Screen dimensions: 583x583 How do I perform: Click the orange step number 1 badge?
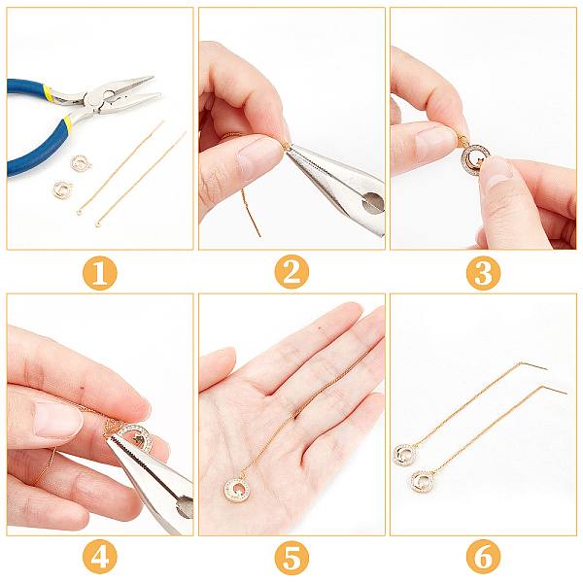[x=100, y=273]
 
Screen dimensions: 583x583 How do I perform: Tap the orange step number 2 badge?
[x=291, y=272]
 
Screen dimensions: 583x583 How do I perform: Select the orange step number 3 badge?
[x=483, y=273]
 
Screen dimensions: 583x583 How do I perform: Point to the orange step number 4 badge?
[x=100, y=557]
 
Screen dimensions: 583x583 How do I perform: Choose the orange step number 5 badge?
[x=291, y=558]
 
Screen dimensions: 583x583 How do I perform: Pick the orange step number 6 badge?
[x=483, y=557]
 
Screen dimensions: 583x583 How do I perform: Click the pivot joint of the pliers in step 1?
[x=93, y=100]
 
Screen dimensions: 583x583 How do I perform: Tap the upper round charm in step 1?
[x=81, y=163]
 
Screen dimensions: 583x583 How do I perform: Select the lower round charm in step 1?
[x=62, y=189]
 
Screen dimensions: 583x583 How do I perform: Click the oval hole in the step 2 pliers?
[x=373, y=203]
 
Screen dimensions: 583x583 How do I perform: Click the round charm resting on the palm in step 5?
[x=237, y=490]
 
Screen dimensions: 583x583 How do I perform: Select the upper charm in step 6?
[x=404, y=455]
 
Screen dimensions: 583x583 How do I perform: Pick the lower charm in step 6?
[x=423, y=481]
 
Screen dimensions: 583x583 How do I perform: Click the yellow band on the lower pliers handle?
[x=68, y=123]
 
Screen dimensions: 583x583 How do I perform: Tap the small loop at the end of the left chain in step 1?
[x=80, y=212]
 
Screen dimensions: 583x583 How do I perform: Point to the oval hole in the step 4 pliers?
[x=185, y=506]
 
